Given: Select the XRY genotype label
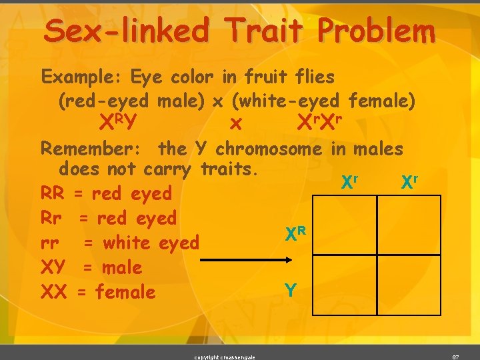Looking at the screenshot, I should pyautogui.click(x=118, y=122).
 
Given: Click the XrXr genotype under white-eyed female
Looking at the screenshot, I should pyautogui.click(x=319, y=122).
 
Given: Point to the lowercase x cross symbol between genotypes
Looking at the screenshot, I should pyautogui.click(x=234, y=124).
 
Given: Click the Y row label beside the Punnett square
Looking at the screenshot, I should pyautogui.click(x=291, y=291).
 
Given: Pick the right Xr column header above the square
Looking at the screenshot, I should pyautogui.click(x=409, y=181).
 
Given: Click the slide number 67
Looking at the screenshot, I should pyautogui.click(x=456, y=357).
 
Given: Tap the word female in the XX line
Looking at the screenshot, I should pyautogui.click(x=125, y=292).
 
